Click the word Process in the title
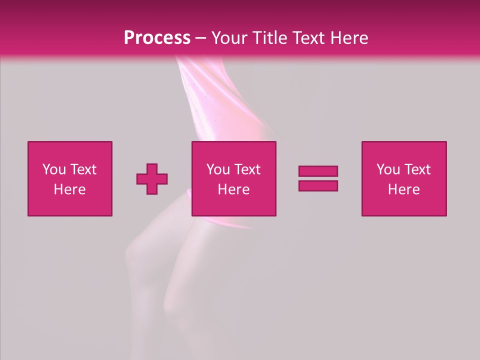pos(157,38)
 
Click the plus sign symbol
pos(152,179)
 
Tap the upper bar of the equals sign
pos(318,171)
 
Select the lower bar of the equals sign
pos(318,185)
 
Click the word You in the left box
pos(54,169)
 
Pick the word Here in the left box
pos(69,189)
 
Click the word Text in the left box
pos(83,169)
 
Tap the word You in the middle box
pos(218,169)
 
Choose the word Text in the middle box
pos(247,169)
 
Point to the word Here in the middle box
pos(233,189)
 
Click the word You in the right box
pos(388,169)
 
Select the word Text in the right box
pos(417,169)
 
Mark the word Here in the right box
pos(403,189)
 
